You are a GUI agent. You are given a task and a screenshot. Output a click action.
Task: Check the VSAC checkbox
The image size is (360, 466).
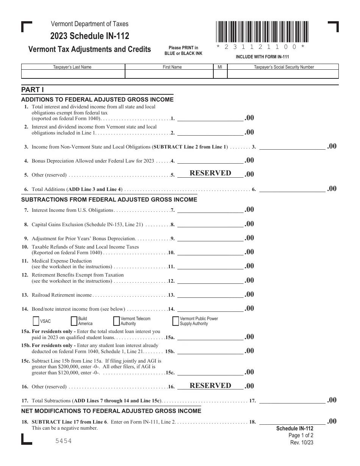pos(36,321)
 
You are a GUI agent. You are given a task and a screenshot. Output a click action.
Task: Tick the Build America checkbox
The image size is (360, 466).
pos(74,321)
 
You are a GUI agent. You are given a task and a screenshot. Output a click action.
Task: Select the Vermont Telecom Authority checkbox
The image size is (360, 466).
pos(116,321)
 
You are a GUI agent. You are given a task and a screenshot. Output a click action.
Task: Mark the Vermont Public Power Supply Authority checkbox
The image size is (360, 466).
pos(175,321)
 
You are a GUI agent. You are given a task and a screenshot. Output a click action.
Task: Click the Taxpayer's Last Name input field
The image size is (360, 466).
pos(73,74)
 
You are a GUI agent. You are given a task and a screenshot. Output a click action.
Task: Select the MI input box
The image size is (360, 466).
pos(220,74)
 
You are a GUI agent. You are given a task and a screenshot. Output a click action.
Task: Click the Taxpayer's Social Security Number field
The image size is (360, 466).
pos(283,74)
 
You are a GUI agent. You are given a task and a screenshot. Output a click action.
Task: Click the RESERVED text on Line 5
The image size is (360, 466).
pos(210,173)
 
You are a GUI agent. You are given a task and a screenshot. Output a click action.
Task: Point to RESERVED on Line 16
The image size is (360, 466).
pos(210,386)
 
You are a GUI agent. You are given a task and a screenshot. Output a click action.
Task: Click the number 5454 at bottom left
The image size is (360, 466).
pos(63,441)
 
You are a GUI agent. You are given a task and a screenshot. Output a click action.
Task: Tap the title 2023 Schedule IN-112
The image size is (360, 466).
pos(90,36)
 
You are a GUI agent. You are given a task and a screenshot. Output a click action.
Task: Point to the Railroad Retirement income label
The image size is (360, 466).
pos(62,295)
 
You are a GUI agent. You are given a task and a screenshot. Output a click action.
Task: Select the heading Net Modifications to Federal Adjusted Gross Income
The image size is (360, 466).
pos(111,411)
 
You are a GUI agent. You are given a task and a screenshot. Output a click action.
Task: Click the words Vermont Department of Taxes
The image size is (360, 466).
pos(90,24)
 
